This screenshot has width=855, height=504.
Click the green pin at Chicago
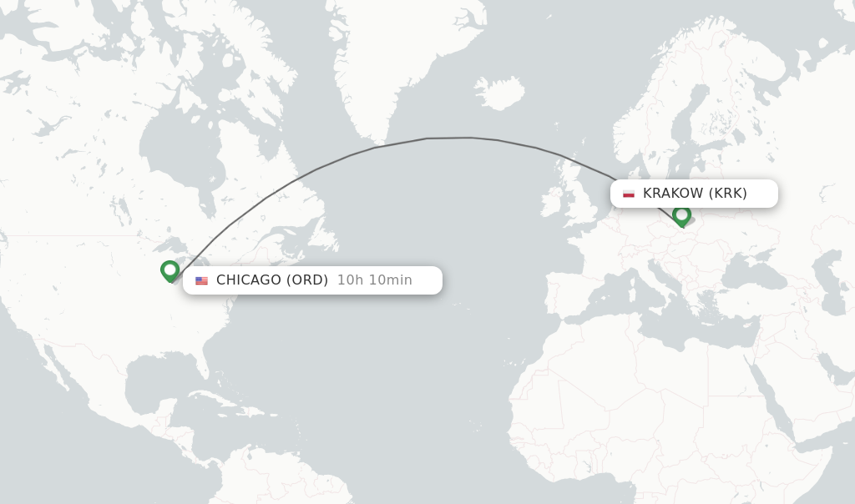coord(170,270)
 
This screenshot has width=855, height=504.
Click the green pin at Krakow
coord(681,215)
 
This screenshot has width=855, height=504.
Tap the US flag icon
coord(201,281)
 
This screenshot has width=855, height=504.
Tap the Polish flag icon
coord(629,194)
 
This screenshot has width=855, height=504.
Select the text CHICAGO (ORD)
coord(272,280)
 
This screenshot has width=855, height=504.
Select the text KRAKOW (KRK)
coord(695,194)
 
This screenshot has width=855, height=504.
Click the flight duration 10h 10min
coord(375,280)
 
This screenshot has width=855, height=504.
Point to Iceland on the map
coord(499,93)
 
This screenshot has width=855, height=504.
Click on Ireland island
coord(552,203)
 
